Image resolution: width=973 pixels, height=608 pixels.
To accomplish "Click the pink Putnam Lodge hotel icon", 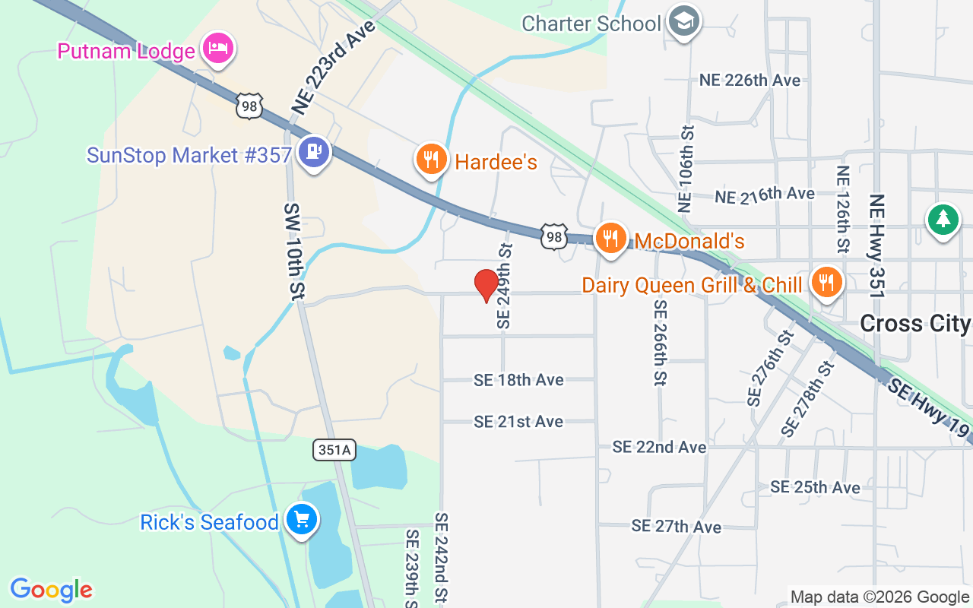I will tap(219, 49).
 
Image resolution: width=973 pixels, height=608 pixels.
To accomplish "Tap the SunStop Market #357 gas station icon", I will tap(314, 153).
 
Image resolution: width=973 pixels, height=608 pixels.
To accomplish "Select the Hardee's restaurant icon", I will tap(431, 160).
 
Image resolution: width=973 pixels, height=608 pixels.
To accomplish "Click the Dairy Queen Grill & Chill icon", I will tap(825, 282).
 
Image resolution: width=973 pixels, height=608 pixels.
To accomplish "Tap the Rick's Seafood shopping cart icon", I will tap(302, 521).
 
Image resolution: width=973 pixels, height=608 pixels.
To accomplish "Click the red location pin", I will tap(486, 286).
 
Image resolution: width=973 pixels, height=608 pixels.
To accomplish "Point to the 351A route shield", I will tap(334, 450).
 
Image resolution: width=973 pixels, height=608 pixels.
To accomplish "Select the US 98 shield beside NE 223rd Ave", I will tap(249, 106).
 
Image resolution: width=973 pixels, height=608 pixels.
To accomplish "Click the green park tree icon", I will tap(943, 220).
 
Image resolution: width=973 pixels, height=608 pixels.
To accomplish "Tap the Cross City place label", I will tap(915, 324).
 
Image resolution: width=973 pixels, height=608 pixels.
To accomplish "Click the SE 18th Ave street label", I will tap(518, 380).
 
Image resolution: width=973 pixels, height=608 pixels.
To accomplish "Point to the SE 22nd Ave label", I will tap(659, 447).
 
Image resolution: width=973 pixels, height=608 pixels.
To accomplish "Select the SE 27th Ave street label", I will tap(676, 526).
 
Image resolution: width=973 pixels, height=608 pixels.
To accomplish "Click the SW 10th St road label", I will tap(294, 250).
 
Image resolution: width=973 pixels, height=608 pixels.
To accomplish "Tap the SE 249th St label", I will tap(505, 286).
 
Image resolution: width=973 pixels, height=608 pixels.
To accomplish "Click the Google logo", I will tap(52, 590).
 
